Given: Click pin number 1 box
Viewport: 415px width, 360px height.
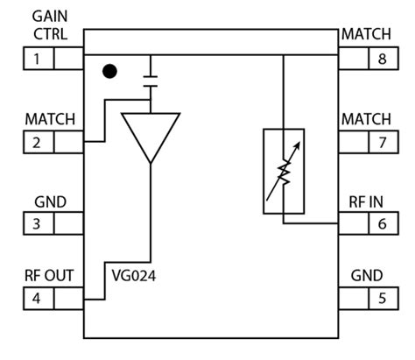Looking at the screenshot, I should [x=37, y=60].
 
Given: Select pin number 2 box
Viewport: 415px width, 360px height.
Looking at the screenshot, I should [x=37, y=142].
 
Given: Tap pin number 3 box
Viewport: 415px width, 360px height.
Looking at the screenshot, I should [x=37, y=223].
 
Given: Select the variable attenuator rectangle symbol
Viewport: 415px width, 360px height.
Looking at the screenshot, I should [x=284, y=171].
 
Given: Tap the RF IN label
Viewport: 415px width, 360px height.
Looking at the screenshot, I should [x=366, y=201].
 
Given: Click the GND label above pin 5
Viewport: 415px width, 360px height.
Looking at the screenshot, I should [x=366, y=276].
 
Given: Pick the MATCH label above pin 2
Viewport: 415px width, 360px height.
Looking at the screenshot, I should [x=49, y=118].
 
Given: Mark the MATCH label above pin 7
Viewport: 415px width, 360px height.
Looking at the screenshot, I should [x=365, y=118].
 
